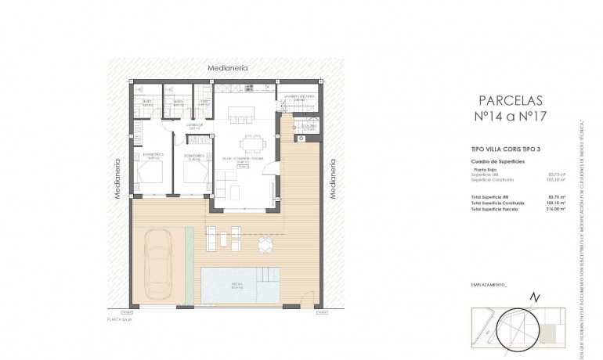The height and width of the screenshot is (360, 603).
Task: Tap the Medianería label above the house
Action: [228, 69]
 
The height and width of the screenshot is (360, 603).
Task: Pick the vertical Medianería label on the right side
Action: [335, 179]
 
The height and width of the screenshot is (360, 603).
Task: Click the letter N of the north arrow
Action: [536, 297]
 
